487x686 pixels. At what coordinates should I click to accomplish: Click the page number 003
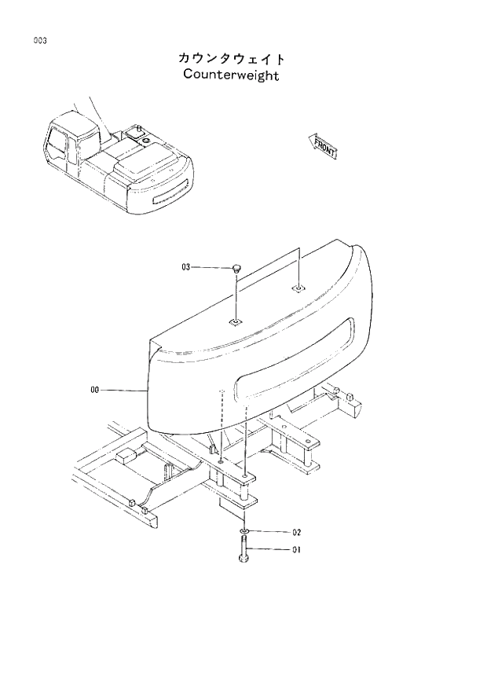pyautogui.click(x=38, y=41)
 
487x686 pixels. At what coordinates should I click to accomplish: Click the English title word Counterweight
pyautogui.click(x=231, y=75)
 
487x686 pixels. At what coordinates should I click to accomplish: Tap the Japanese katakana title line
pyautogui.click(x=231, y=58)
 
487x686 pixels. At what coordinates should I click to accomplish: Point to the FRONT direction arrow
pyautogui.click(x=324, y=145)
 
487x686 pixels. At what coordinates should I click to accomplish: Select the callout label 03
pyautogui.click(x=185, y=267)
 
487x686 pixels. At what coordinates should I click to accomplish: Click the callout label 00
pyautogui.click(x=95, y=389)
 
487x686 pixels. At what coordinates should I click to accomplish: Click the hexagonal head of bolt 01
pyautogui.click(x=243, y=559)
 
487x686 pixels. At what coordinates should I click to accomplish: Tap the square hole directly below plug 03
pyautogui.click(x=234, y=321)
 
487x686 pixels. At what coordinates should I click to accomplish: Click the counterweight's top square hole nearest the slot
pyautogui.click(x=298, y=289)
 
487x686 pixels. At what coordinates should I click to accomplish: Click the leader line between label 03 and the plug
pyautogui.click(x=211, y=267)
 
